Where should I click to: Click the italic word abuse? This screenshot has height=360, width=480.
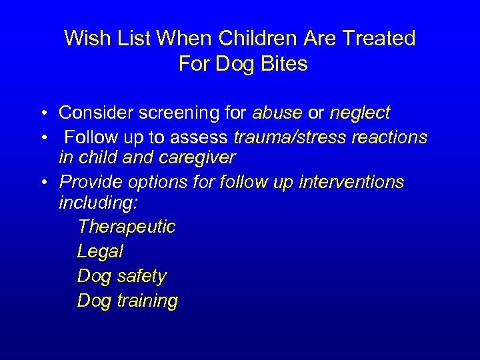(277, 113)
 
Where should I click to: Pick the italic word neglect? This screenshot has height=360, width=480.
(360, 113)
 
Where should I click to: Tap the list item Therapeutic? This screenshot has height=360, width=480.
(126, 227)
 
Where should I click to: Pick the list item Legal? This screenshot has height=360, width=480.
(100, 251)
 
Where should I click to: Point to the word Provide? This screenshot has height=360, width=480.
(87, 182)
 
